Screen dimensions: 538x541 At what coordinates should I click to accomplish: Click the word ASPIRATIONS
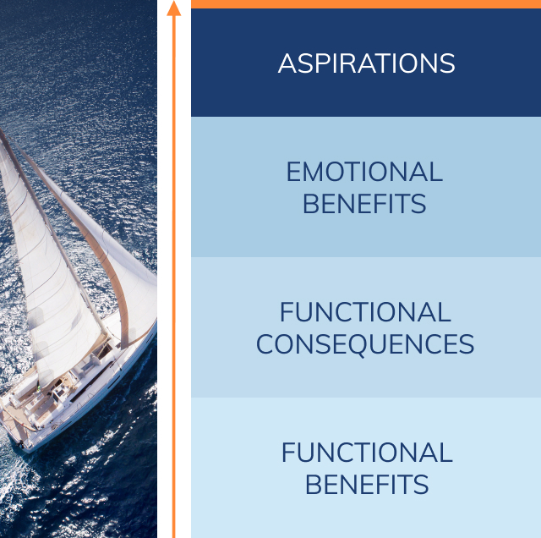pyautogui.click(x=366, y=63)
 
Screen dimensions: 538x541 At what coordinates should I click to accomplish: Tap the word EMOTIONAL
pyautogui.click(x=364, y=173)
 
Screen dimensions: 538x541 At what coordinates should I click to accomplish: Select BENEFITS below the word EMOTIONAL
pyautogui.click(x=364, y=204)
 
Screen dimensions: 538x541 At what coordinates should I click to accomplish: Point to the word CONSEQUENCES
pyautogui.click(x=365, y=344)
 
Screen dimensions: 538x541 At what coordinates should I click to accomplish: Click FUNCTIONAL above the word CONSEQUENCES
pyautogui.click(x=365, y=313)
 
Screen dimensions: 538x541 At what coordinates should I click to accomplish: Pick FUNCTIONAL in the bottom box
pyautogui.click(x=366, y=453)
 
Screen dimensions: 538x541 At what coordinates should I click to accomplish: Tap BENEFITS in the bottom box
pyautogui.click(x=366, y=485)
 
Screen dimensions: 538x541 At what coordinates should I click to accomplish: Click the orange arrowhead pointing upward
pyautogui.click(x=174, y=8)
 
